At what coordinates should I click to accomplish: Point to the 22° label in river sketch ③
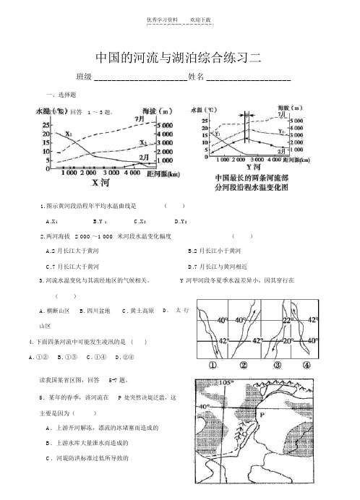(x=288, y=319)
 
